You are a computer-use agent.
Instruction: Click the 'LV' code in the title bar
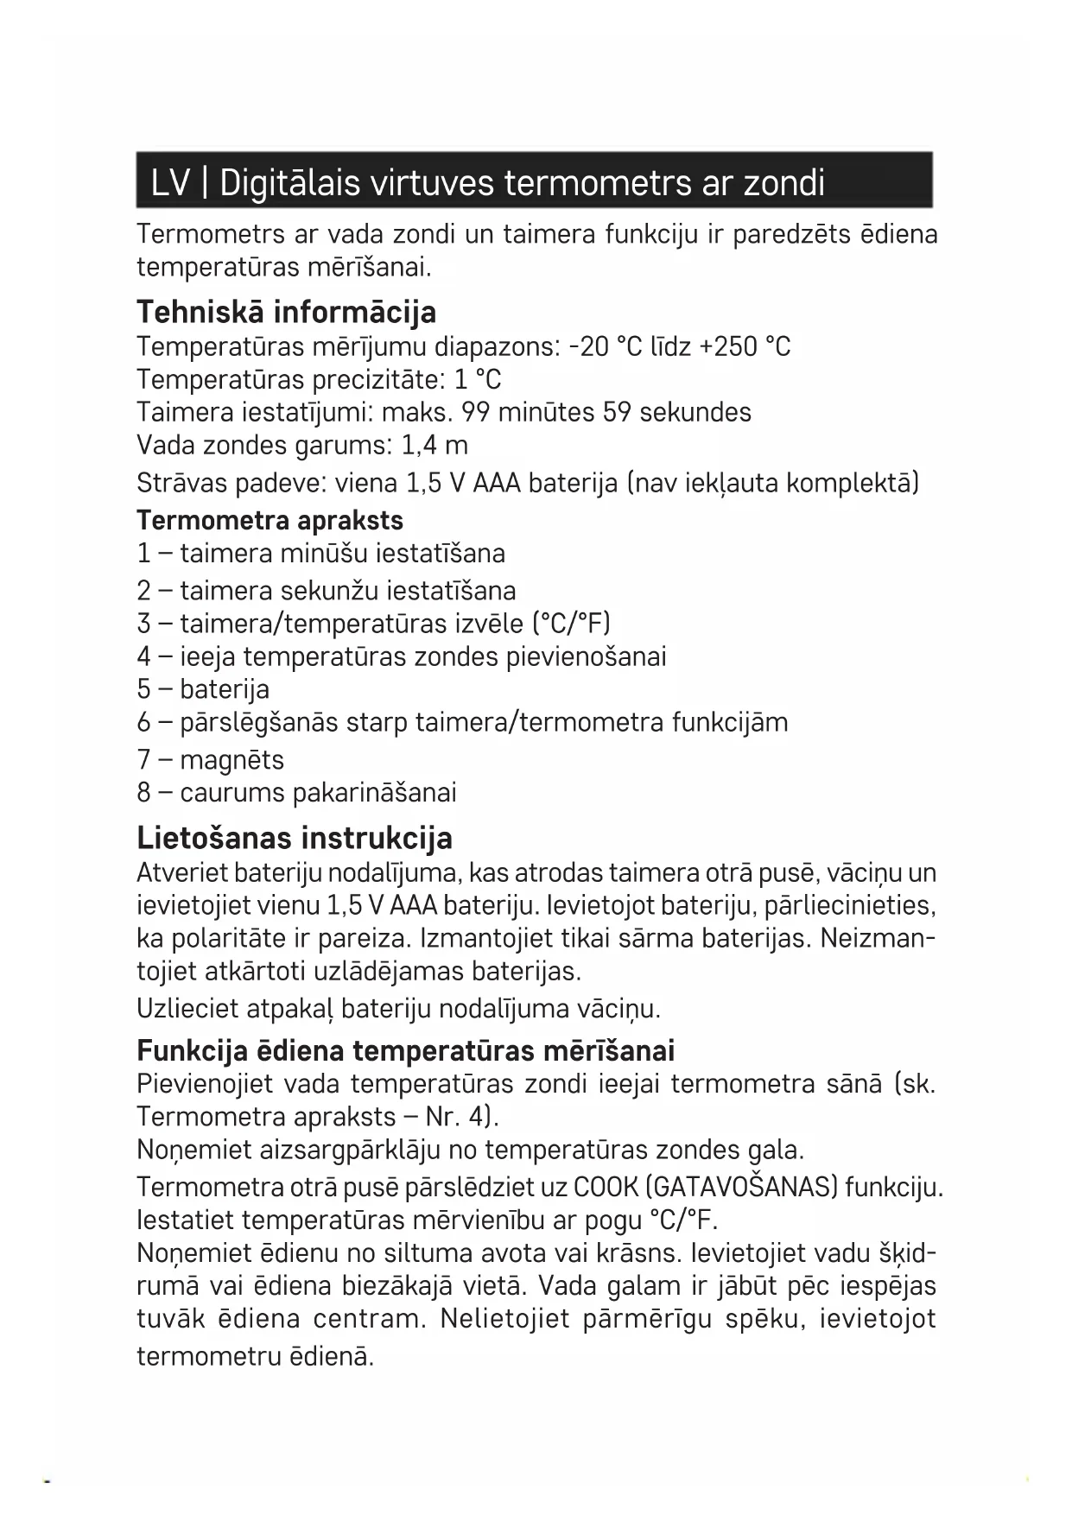(170, 183)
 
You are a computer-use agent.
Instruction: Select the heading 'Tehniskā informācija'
(286, 312)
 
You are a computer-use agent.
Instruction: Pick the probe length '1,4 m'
(435, 446)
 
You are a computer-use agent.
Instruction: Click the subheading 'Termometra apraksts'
(270, 521)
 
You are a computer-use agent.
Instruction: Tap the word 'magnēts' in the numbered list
(232, 760)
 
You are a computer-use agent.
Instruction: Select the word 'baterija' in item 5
(225, 689)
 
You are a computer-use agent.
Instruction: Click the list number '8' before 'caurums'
(143, 793)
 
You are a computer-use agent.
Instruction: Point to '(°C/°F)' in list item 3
(572, 624)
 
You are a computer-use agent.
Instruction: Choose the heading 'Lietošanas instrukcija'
(295, 838)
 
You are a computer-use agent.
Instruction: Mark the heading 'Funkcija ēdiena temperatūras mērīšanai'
(405, 1051)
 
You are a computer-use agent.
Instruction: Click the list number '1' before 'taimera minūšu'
(143, 554)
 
